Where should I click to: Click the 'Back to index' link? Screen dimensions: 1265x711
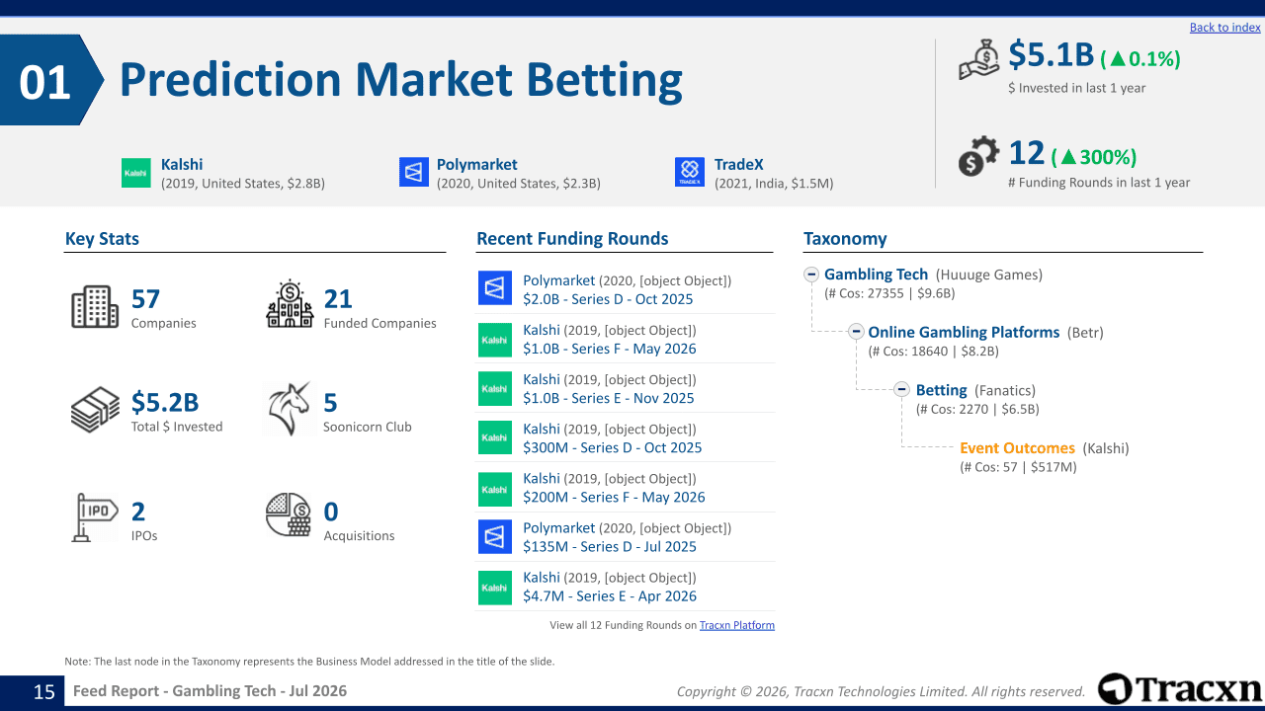[x=1224, y=27]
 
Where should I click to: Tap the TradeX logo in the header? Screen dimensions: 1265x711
[x=690, y=172]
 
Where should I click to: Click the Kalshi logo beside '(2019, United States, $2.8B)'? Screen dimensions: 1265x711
[x=136, y=173]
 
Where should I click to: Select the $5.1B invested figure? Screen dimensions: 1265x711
[x=1051, y=55]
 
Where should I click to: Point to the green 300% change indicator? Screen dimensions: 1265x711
[x=1094, y=157]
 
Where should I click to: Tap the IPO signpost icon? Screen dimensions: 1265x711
[x=94, y=516]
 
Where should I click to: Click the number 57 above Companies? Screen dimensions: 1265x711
[x=145, y=299]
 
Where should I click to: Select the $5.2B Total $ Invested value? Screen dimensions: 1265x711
[x=165, y=402]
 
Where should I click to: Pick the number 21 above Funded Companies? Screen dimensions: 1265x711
[x=338, y=299]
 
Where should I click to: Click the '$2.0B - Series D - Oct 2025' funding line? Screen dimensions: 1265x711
[x=608, y=299]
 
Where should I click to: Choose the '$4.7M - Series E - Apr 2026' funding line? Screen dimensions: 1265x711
[x=610, y=595]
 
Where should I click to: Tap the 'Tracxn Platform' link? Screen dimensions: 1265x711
[x=737, y=625]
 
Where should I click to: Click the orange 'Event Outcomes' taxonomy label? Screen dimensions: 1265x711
[x=1017, y=448]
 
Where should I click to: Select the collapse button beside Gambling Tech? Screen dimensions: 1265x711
[x=811, y=275]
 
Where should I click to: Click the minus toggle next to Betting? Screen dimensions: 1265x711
[x=902, y=389]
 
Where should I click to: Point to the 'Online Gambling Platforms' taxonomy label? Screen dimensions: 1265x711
[x=964, y=333]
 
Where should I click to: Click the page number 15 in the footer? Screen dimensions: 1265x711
[x=44, y=692]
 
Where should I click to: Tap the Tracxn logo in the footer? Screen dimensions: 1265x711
[x=1179, y=689]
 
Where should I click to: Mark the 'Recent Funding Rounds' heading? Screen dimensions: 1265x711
[x=572, y=239]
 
